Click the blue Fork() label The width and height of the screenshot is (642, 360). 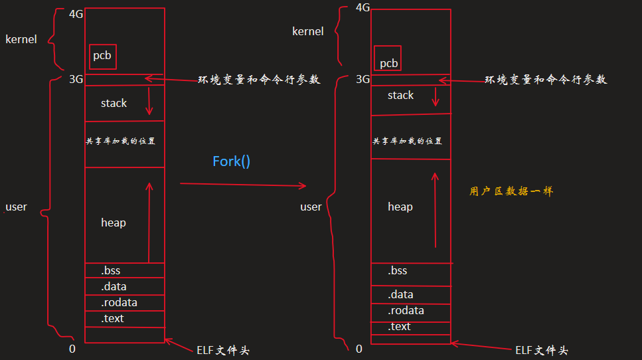tap(231, 161)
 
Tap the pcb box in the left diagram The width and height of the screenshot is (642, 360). tap(102, 56)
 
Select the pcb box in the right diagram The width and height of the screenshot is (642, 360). tap(388, 58)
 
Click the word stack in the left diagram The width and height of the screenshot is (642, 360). tap(114, 104)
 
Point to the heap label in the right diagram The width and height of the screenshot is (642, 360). tap(400, 207)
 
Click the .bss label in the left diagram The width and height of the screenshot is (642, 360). tap(111, 271)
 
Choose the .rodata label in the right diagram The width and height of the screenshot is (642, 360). tap(406, 311)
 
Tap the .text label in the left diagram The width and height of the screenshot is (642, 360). tap(113, 319)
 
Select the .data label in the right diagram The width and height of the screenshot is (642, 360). tap(401, 295)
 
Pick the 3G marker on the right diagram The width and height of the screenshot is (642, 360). tap(362, 80)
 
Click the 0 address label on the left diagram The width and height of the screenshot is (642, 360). tap(72, 349)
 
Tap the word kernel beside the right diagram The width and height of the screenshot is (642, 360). tap(308, 32)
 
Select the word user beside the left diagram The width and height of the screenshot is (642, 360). tap(16, 207)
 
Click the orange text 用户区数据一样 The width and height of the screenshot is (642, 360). tap(511, 191)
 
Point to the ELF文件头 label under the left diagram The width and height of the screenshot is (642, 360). tap(223, 350)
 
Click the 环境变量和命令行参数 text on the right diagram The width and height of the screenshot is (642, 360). tap(546, 80)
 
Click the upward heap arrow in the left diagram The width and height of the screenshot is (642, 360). tap(149, 223)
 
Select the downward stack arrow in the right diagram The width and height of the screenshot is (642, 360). tap(436, 94)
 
